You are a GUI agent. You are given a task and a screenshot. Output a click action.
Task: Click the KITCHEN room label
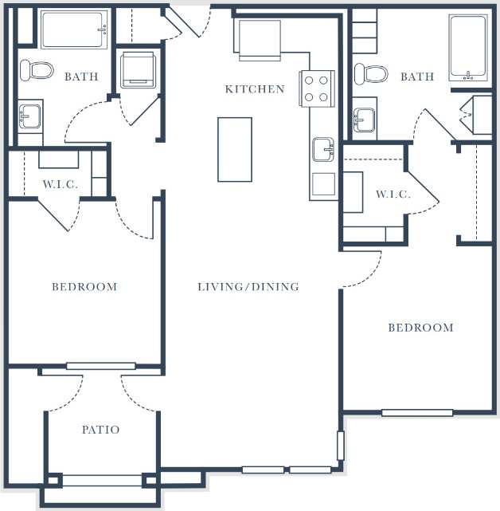point(254,89)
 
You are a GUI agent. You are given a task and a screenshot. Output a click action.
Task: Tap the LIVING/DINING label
point(248,287)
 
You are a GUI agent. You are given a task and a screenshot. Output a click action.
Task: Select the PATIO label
point(101,430)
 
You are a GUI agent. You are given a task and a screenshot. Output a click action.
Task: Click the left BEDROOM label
point(84,287)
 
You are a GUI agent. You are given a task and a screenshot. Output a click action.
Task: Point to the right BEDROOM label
point(420,328)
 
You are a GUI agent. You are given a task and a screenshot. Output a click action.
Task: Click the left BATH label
point(81,77)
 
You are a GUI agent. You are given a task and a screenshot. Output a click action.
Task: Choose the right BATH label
point(417,77)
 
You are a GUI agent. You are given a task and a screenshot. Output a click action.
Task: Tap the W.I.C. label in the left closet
point(60,185)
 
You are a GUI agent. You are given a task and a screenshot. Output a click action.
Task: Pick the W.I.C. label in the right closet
point(393,195)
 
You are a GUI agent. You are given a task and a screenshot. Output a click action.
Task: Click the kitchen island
point(235,149)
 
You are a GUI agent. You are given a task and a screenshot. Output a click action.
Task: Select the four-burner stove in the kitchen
point(315,88)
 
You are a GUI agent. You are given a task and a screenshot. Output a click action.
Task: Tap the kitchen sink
point(322,148)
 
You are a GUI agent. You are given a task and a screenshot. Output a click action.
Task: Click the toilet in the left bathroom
point(37,70)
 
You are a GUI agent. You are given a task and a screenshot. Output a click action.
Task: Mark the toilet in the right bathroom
point(371,73)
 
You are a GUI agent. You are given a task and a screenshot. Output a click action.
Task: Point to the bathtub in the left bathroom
point(73,29)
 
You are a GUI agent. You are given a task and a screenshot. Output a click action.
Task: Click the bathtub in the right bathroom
point(467,48)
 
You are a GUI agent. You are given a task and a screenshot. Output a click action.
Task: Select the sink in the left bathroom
point(30,117)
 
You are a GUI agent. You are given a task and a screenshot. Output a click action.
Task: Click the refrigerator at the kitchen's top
point(259,39)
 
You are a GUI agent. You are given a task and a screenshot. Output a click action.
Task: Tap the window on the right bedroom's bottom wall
point(417,413)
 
